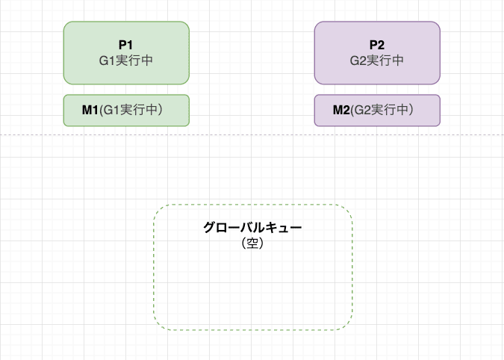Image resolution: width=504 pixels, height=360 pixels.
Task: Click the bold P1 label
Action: click(126, 45)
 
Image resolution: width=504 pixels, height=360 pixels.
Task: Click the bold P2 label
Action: click(377, 45)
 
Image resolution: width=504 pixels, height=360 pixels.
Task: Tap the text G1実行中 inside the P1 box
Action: click(126, 60)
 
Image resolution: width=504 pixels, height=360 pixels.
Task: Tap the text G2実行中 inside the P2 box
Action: click(377, 60)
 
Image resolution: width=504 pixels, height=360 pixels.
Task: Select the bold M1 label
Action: click(90, 111)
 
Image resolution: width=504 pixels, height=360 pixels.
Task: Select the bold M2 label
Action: click(341, 111)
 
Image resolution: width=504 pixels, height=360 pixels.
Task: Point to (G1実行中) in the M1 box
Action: click(134, 111)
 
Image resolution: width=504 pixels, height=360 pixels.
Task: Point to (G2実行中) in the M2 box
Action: click(385, 111)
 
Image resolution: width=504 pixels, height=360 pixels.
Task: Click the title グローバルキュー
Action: click(252, 228)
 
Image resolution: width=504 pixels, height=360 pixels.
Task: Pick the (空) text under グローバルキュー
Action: click(252, 243)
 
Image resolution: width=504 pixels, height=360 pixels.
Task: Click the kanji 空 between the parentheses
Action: click(252, 243)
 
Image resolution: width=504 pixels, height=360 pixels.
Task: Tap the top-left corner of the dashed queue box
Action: click(158, 208)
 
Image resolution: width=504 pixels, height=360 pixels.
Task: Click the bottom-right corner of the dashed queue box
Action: click(348, 326)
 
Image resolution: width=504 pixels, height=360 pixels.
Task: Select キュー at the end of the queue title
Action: click(285, 228)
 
